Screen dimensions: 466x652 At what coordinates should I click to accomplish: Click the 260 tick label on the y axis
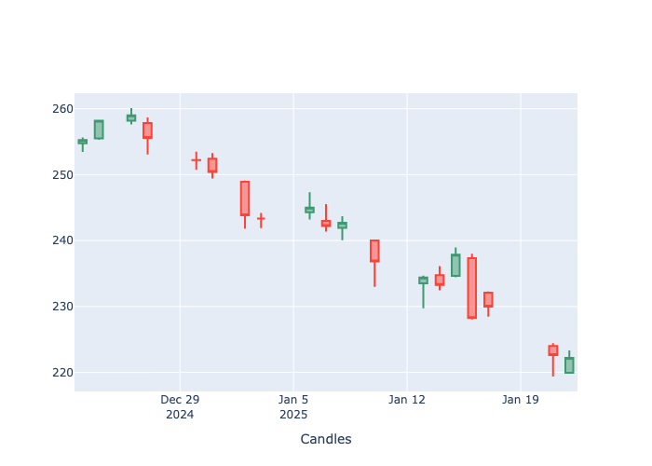coord(61,109)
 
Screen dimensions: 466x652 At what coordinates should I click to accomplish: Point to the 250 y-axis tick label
coord(61,175)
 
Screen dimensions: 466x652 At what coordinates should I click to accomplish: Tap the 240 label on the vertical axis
coord(61,240)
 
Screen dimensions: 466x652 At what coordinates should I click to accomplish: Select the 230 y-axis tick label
coord(61,307)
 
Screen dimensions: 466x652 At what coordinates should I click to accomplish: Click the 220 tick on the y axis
coord(61,373)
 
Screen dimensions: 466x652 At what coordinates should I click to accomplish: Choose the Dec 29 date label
coord(180,400)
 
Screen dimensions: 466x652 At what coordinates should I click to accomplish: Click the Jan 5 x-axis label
coord(293,400)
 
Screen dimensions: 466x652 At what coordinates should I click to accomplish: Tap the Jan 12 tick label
coord(406,400)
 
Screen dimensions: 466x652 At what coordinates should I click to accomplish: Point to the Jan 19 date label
coord(520,400)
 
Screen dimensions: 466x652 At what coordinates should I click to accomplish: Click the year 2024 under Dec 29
coord(180,414)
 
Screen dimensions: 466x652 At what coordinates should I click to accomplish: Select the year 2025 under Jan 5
coord(293,414)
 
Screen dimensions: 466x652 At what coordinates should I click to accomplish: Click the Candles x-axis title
coord(326,439)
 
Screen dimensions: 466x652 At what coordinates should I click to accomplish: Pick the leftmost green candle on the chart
coord(82,142)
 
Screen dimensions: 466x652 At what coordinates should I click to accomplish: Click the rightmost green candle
coord(569,365)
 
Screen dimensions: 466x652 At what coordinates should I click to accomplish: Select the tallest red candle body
coord(472,288)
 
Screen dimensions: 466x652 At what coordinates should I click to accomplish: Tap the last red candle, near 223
coord(553,350)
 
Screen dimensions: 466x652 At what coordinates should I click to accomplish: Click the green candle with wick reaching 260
coord(131,117)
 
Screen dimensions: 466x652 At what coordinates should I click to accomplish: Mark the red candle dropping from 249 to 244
coord(245,199)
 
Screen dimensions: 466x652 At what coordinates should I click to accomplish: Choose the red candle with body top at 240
coord(374,251)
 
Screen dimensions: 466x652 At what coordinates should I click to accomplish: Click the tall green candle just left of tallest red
coord(455,265)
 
